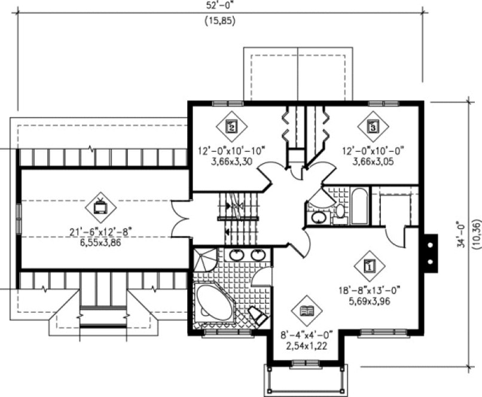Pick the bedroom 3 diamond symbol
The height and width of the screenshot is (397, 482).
pyautogui.click(x=372, y=126)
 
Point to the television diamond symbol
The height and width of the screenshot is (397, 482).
pyautogui.click(x=100, y=207)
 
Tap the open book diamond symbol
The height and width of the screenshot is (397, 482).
pyautogui.click(x=307, y=311)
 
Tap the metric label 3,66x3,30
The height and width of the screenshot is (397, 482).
pyautogui.click(x=231, y=161)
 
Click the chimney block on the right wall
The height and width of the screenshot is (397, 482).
pyautogui.click(x=429, y=253)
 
